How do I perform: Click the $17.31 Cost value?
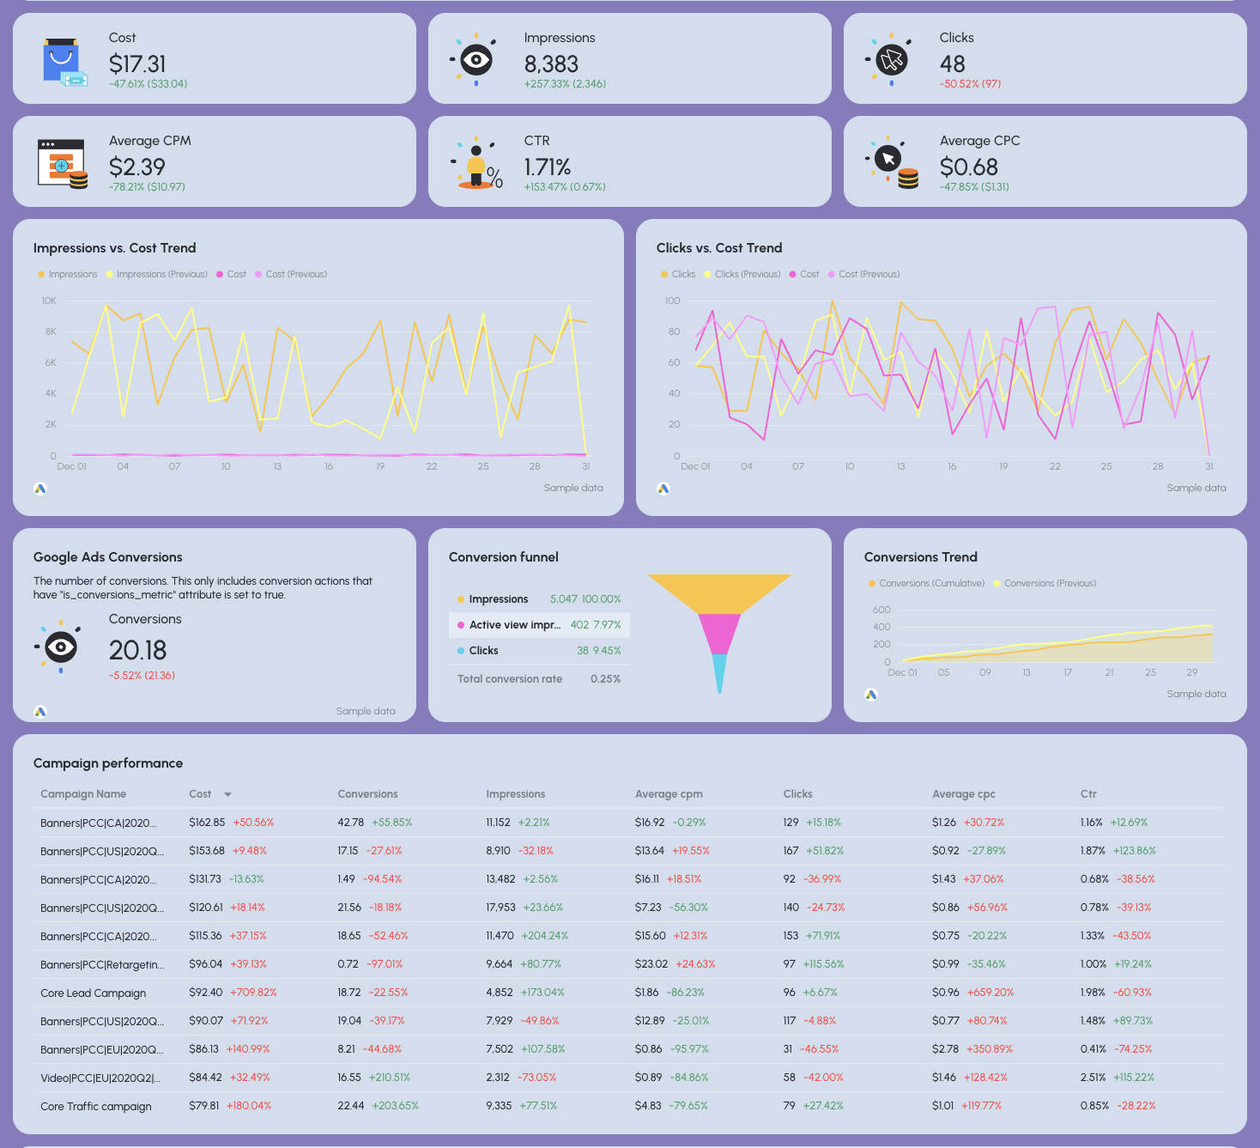click(x=137, y=64)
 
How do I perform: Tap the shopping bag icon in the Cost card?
click(x=62, y=61)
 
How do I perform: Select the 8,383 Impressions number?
click(x=551, y=64)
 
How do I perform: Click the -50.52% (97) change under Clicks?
click(x=970, y=84)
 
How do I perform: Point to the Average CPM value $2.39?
click(x=137, y=167)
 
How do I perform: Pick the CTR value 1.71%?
click(x=548, y=167)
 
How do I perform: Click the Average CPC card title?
click(x=979, y=141)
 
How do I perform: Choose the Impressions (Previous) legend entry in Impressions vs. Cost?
click(x=161, y=275)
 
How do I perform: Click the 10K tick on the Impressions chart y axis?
click(x=49, y=301)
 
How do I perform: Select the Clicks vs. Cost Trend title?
click(x=719, y=248)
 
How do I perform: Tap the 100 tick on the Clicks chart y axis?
click(x=672, y=301)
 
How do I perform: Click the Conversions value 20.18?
click(x=137, y=651)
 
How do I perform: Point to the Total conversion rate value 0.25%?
click(x=605, y=679)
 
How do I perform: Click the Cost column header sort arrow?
click(x=227, y=795)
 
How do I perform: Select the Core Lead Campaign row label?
click(x=93, y=993)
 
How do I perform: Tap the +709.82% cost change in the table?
click(x=253, y=993)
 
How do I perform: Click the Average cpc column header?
click(x=963, y=794)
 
